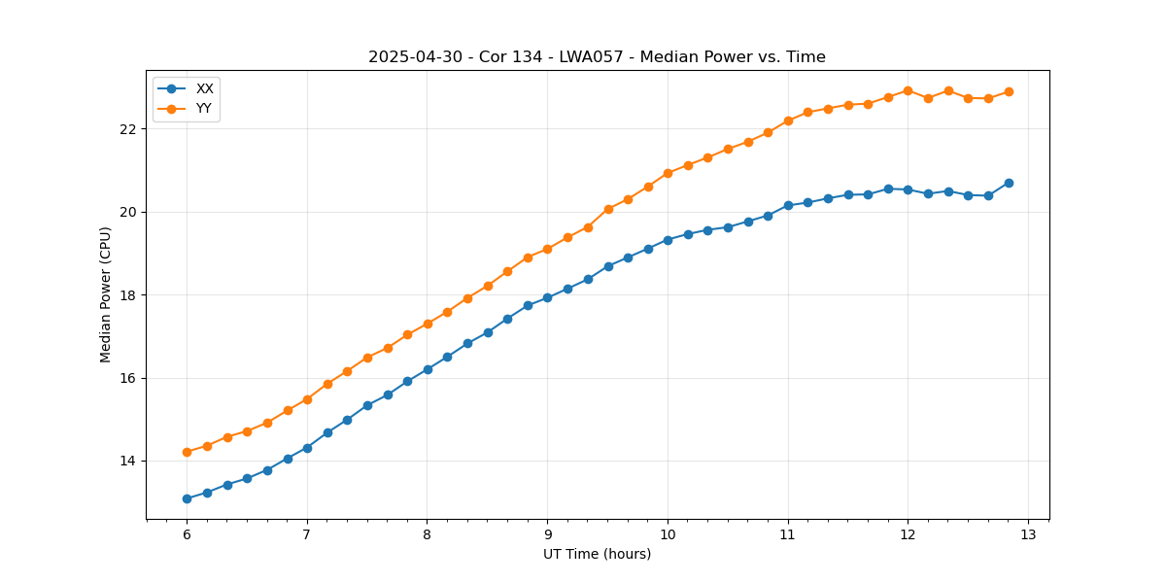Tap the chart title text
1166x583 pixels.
pos(597,57)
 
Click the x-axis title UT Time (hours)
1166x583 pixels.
pos(597,554)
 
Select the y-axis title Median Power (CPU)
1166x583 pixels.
pos(106,294)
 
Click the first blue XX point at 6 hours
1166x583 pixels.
pos(187,498)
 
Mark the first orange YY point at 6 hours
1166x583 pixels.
pos(187,452)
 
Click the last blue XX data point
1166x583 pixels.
pos(1009,183)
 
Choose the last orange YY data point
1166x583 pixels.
pos(1009,91)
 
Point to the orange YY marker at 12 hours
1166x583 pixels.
pos(908,90)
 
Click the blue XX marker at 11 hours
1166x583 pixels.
pos(788,205)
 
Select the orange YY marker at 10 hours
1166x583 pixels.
pos(668,173)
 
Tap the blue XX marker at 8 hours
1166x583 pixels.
pos(428,369)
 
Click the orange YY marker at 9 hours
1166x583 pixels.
pos(547,249)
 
